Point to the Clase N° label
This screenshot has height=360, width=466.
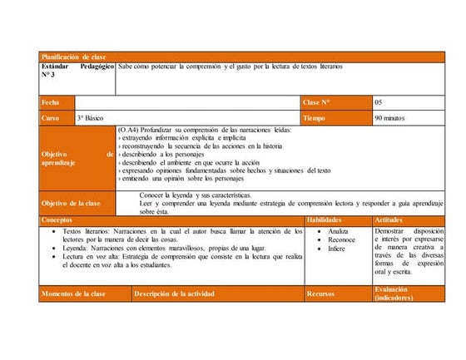317,102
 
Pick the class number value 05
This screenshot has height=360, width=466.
379,102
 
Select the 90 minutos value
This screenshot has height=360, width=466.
390,118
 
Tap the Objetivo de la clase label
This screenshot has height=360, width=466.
71,203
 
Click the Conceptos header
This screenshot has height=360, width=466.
57,219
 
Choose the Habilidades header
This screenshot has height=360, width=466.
325,219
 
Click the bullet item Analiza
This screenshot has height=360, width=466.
338,230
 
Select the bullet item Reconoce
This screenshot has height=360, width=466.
341,239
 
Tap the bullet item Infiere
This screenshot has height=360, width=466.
336,249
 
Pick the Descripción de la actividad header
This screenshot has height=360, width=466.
174,293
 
